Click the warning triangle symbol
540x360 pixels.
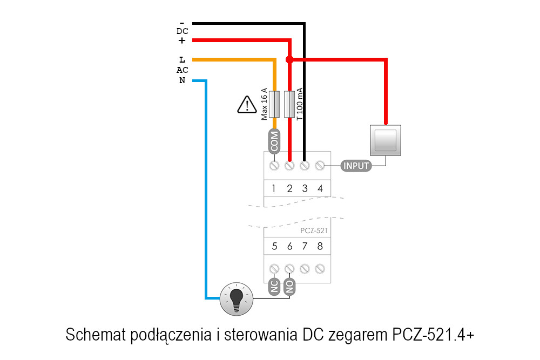pos(247,105)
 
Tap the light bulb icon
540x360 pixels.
pos(236,298)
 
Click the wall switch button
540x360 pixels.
pos(386,140)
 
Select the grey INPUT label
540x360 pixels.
pos(356,165)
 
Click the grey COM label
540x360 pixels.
pos(274,141)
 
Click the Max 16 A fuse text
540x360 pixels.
pos(265,104)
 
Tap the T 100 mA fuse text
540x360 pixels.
pos(300,104)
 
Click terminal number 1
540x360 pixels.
pos(274,188)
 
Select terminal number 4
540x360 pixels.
pos(320,188)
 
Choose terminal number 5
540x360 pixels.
pos(274,247)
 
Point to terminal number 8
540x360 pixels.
pos(320,247)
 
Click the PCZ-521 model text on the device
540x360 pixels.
pos(314,230)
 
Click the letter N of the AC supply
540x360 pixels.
pos(182,81)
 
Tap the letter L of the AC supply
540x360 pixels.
pos(182,60)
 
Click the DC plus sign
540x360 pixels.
pos(182,40)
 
